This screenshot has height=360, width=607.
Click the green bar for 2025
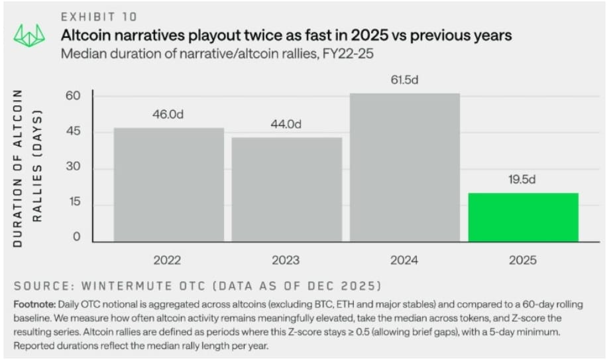tap(523, 217)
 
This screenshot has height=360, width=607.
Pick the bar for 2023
tap(286, 189)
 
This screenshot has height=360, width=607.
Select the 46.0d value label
tap(168, 115)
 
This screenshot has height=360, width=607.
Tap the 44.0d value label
tap(286, 125)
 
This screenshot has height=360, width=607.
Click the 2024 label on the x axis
tap(405, 261)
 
